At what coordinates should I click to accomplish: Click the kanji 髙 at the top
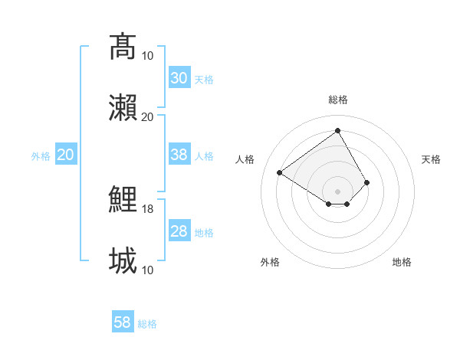[123, 46]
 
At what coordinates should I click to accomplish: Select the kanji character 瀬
[123, 107]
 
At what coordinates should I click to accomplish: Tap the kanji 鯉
[123, 201]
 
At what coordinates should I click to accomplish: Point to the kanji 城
[123, 260]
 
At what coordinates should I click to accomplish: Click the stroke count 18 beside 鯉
[148, 209]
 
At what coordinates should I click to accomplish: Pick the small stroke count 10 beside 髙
[148, 55]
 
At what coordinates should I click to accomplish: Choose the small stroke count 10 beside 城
[148, 270]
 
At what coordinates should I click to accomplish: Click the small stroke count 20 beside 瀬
[148, 116]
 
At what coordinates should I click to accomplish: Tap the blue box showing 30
[179, 77]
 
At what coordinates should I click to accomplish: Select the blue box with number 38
[179, 155]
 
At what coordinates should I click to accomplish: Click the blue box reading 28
[179, 231]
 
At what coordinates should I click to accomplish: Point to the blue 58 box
[123, 322]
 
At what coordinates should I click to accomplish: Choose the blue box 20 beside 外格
[66, 155]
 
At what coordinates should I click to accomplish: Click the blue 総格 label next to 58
[147, 324]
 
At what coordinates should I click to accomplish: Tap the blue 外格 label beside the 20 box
[41, 156]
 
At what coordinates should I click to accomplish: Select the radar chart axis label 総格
[337, 100]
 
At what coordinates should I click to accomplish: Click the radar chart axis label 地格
[402, 262]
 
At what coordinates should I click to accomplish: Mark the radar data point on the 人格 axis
[280, 172]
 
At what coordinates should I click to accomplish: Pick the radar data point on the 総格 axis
[337, 131]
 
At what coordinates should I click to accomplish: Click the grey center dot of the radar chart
[337, 191]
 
